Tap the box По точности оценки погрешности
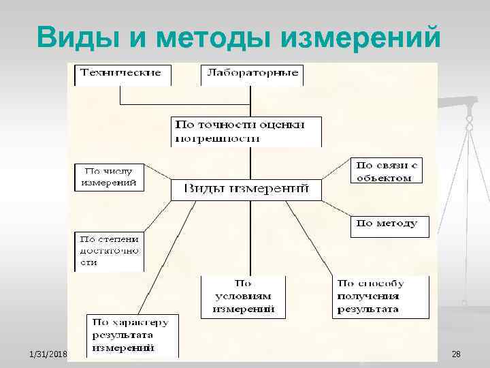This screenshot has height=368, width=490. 246,131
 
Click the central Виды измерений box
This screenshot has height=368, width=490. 246,189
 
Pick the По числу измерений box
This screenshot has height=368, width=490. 109,177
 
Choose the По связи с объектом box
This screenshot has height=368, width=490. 386,171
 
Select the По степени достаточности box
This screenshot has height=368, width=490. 109,251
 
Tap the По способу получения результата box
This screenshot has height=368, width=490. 380,296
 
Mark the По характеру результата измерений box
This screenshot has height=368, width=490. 133,335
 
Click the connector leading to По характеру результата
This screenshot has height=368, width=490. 163,259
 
